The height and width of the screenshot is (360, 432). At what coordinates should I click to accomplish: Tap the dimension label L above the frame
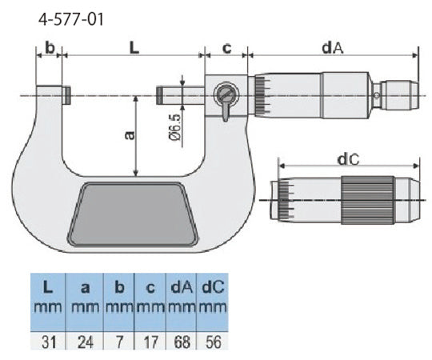pos(134,47)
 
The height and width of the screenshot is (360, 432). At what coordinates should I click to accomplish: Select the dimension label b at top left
pos(50,47)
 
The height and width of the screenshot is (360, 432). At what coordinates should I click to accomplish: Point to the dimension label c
pos(226,47)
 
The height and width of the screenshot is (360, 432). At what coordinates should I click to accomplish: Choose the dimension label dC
pos(347,160)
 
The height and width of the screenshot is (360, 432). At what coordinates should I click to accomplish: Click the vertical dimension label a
pos(127,135)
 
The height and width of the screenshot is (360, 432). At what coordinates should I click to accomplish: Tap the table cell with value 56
pos(212,342)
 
